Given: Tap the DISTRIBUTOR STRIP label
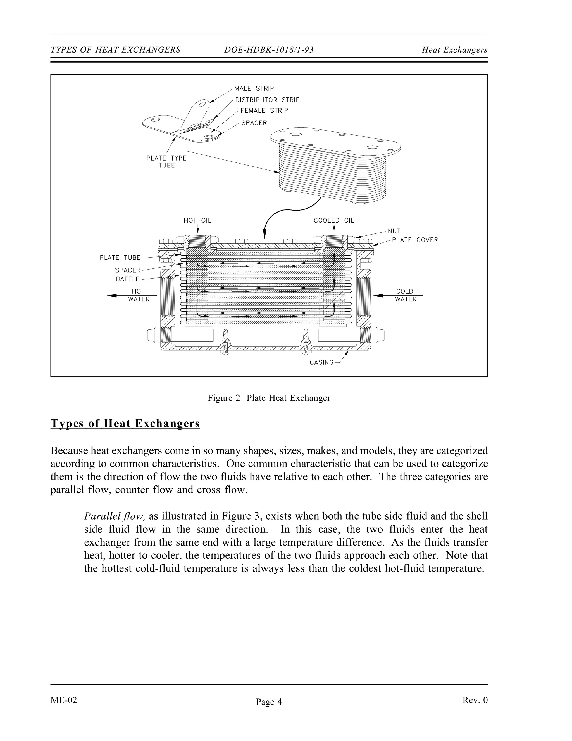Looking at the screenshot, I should tap(267, 100).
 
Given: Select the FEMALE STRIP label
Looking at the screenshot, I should tap(264, 111).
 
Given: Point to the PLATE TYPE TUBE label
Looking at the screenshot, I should tap(166, 162).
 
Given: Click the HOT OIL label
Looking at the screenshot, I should tap(197, 221).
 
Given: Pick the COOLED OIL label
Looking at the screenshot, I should tap(334, 221).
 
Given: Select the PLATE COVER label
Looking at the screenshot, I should tap(415, 240).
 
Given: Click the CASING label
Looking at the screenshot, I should tap(321, 362).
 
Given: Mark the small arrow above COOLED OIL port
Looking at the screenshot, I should tap(334, 230).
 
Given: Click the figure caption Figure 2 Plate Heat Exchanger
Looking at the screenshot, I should tap(269, 398).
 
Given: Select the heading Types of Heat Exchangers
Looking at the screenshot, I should tap(125, 423).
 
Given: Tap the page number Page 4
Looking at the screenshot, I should tap(269, 702).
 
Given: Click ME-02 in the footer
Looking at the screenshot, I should tap(64, 700).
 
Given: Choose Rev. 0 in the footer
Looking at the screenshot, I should tap(475, 700).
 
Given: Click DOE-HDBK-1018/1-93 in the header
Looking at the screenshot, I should tap(269, 50).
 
